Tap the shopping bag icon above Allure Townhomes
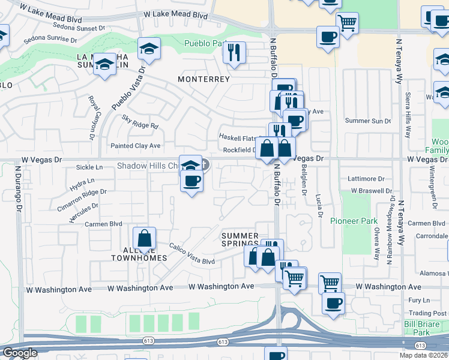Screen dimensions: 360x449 coord(145,239)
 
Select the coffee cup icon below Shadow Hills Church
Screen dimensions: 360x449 coord(191,181)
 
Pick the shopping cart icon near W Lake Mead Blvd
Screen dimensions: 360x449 coord(347,23)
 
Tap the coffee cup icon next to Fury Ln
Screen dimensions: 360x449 coord(333,302)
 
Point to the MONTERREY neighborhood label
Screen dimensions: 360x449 coord(203,79)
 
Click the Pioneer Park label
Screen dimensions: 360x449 coord(354,221)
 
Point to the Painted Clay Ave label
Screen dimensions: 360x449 coord(136,146)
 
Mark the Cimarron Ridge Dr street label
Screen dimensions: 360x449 coord(82,197)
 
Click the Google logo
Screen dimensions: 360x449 coord(20,353)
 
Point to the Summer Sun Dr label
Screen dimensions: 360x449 coord(368,121)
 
